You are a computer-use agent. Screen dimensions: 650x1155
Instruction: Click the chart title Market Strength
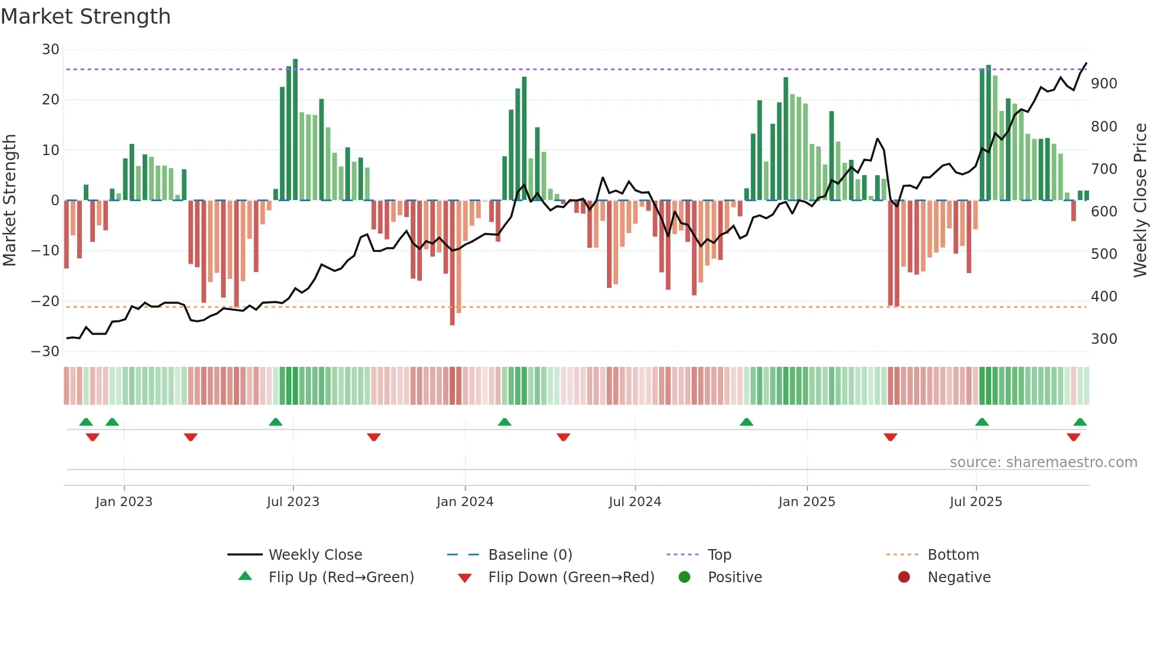tap(85, 17)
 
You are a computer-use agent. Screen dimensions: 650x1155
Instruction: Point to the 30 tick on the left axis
tap(51, 50)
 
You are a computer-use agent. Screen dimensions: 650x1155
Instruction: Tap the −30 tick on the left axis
tap(46, 352)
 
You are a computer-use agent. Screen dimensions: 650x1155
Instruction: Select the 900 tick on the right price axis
tap(1104, 84)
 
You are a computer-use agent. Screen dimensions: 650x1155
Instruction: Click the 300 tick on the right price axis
tap(1104, 339)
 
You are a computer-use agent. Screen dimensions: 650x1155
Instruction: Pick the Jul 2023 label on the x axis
tap(293, 502)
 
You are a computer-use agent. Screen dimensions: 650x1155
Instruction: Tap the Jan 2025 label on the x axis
tap(807, 502)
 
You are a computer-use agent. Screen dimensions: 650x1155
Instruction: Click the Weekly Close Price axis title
tap(1140, 201)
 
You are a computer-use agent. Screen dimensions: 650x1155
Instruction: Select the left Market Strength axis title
tap(9, 201)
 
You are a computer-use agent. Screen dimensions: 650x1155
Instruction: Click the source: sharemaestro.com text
tap(1043, 462)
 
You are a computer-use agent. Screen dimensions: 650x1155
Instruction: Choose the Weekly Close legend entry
tap(315, 555)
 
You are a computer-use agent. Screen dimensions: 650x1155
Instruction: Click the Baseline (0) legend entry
tap(530, 555)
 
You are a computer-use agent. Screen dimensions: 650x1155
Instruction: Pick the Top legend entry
tap(719, 555)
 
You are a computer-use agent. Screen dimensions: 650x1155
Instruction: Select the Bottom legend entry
tap(953, 555)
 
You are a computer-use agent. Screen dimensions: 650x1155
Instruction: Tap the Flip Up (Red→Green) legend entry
tap(341, 577)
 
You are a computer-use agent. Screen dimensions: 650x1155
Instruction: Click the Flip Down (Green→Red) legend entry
tap(571, 577)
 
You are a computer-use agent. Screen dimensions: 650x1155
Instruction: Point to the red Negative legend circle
tap(904, 577)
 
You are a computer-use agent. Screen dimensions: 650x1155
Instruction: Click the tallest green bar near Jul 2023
tap(295, 130)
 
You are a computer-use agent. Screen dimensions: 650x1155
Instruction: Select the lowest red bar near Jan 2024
tap(452, 262)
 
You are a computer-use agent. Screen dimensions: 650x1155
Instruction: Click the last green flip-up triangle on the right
tap(1080, 422)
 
